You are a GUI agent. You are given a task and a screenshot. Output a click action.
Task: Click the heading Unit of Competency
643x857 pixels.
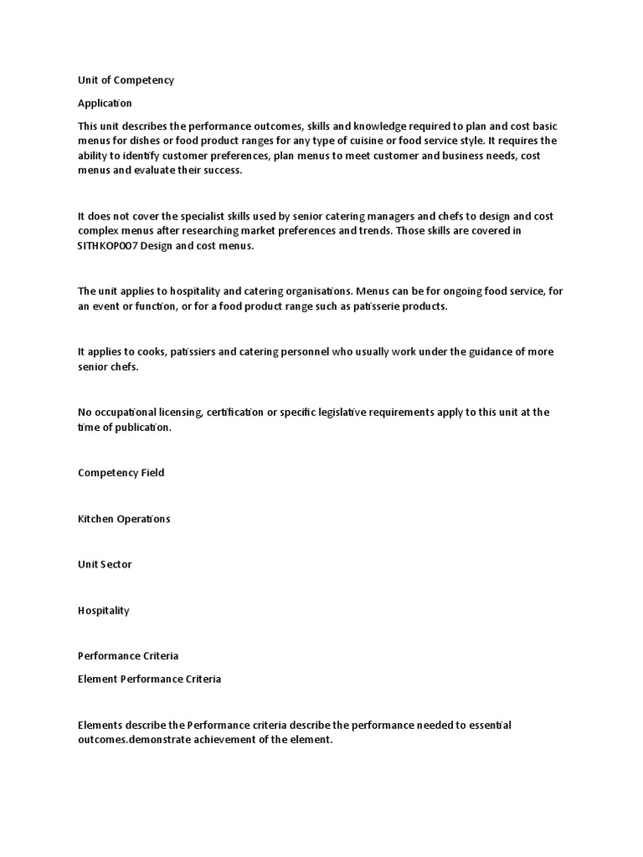click(126, 80)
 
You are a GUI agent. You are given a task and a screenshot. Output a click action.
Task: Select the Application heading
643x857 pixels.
click(105, 104)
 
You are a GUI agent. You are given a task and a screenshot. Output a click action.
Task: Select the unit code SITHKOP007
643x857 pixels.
click(115, 245)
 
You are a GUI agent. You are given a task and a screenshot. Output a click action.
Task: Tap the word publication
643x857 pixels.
click(143, 427)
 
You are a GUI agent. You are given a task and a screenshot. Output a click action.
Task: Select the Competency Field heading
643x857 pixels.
click(121, 473)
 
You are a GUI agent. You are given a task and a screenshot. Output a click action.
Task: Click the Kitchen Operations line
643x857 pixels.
click(124, 519)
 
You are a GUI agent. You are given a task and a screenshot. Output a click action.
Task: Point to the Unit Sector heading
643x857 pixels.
click(105, 564)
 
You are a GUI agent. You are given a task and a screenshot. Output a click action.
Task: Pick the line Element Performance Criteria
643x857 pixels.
click(149, 679)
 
